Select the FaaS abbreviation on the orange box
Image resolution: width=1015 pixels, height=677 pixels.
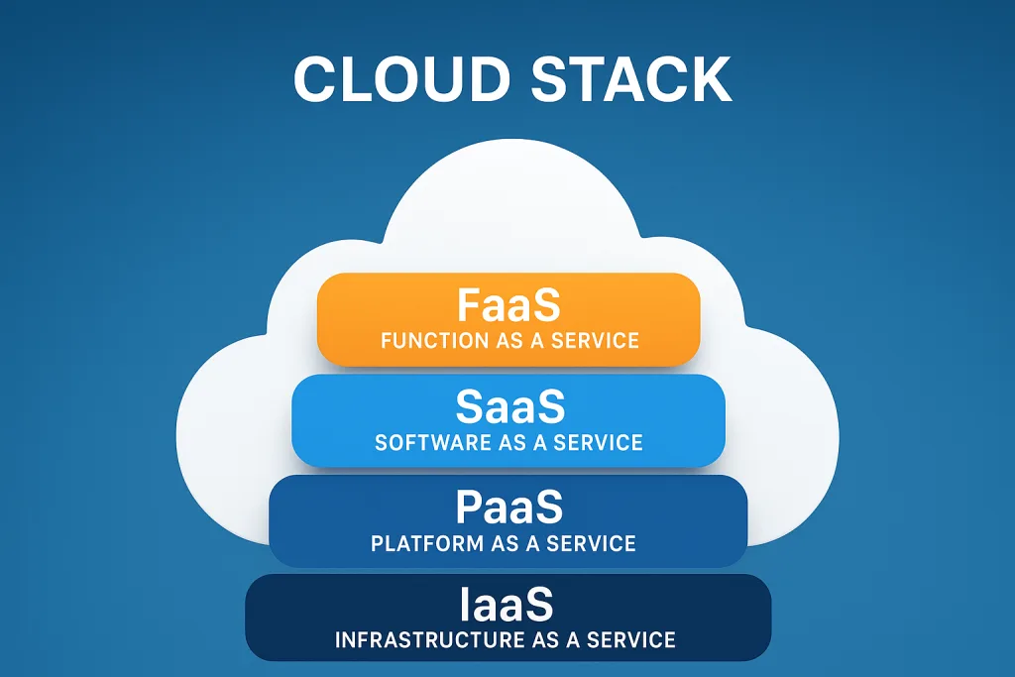click(x=509, y=306)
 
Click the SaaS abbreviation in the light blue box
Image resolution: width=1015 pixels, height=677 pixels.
click(x=509, y=406)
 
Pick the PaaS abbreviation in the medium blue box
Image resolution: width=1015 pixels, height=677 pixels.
click(x=509, y=508)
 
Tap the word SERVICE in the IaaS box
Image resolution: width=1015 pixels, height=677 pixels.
click(x=631, y=640)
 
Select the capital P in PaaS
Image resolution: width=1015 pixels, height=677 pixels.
click(x=469, y=508)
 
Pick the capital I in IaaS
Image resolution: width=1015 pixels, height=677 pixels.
click(x=466, y=605)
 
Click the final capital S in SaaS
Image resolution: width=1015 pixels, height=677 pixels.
click(x=549, y=406)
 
